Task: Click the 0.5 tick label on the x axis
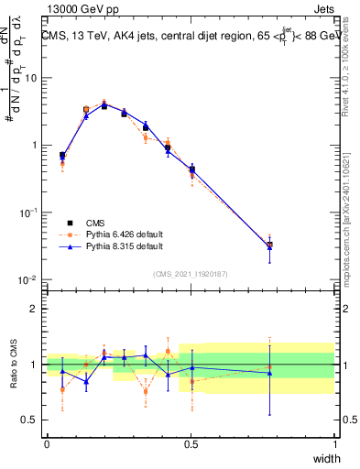click(191, 443)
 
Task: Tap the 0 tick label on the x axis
click(47, 443)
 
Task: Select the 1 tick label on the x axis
click(335, 443)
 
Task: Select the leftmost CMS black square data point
click(62, 156)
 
